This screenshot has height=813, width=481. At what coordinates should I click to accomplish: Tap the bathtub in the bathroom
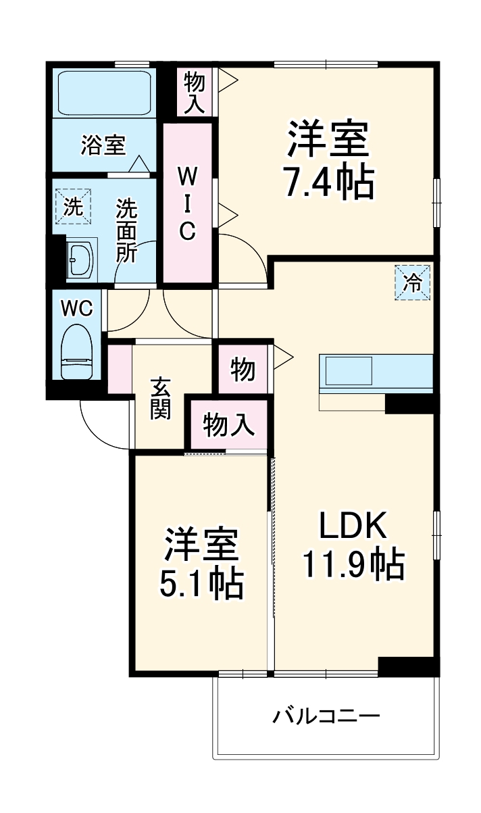(103, 93)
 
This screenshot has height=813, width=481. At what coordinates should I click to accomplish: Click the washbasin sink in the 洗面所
(82, 257)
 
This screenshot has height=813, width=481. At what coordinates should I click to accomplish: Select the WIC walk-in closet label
(187, 203)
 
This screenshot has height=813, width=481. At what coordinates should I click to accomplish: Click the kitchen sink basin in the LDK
(349, 371)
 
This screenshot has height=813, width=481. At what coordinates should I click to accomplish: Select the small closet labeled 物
(243, 370)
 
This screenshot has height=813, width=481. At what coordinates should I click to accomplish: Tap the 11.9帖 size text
(352, 564)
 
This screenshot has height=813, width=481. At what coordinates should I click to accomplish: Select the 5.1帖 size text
(201, 582)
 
